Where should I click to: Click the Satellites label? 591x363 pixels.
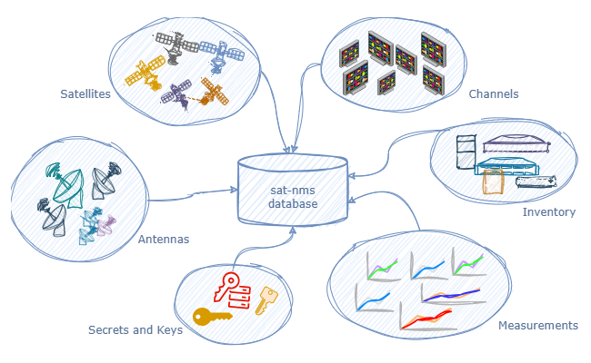85,93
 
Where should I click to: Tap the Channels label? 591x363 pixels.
494,93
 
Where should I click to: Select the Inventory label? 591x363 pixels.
549,212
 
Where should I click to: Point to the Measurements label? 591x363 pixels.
538,325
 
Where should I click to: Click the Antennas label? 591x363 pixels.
163,240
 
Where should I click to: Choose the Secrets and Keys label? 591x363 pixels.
135,330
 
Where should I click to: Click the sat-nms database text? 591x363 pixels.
293,197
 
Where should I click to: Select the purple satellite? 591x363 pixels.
177,93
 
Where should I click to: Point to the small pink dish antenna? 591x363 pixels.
107,221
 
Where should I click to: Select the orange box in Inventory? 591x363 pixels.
494,182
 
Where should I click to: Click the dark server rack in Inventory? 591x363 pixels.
465,152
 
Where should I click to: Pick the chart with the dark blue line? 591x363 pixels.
452,294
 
